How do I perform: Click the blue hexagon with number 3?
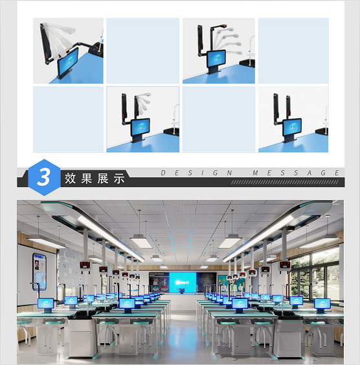pyautogui.click(x=43, y=177)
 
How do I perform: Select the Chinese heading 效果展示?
pyautogui.click(x=94, y=179)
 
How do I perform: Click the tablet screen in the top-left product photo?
pyautogui.click(x=67, y=65)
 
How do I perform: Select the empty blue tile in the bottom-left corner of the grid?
pyautogui.click(x=68, y=120)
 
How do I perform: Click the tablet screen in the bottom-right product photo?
pyautogui.click(x=291, y=126)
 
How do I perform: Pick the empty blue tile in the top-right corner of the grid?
pyautogui.click(x=293, y=50)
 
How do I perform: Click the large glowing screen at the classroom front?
pyautogui.click(x=183, y=282)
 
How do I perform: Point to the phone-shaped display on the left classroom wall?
pyautogui.click(x=39, y=270)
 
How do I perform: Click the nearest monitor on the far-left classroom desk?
pyautogui.click(x=46, y=303)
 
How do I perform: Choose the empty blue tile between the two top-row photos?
pyautogui.click(x=142, y=50)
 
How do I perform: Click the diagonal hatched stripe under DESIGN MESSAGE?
pyautogui.click(x=285, y=182)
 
